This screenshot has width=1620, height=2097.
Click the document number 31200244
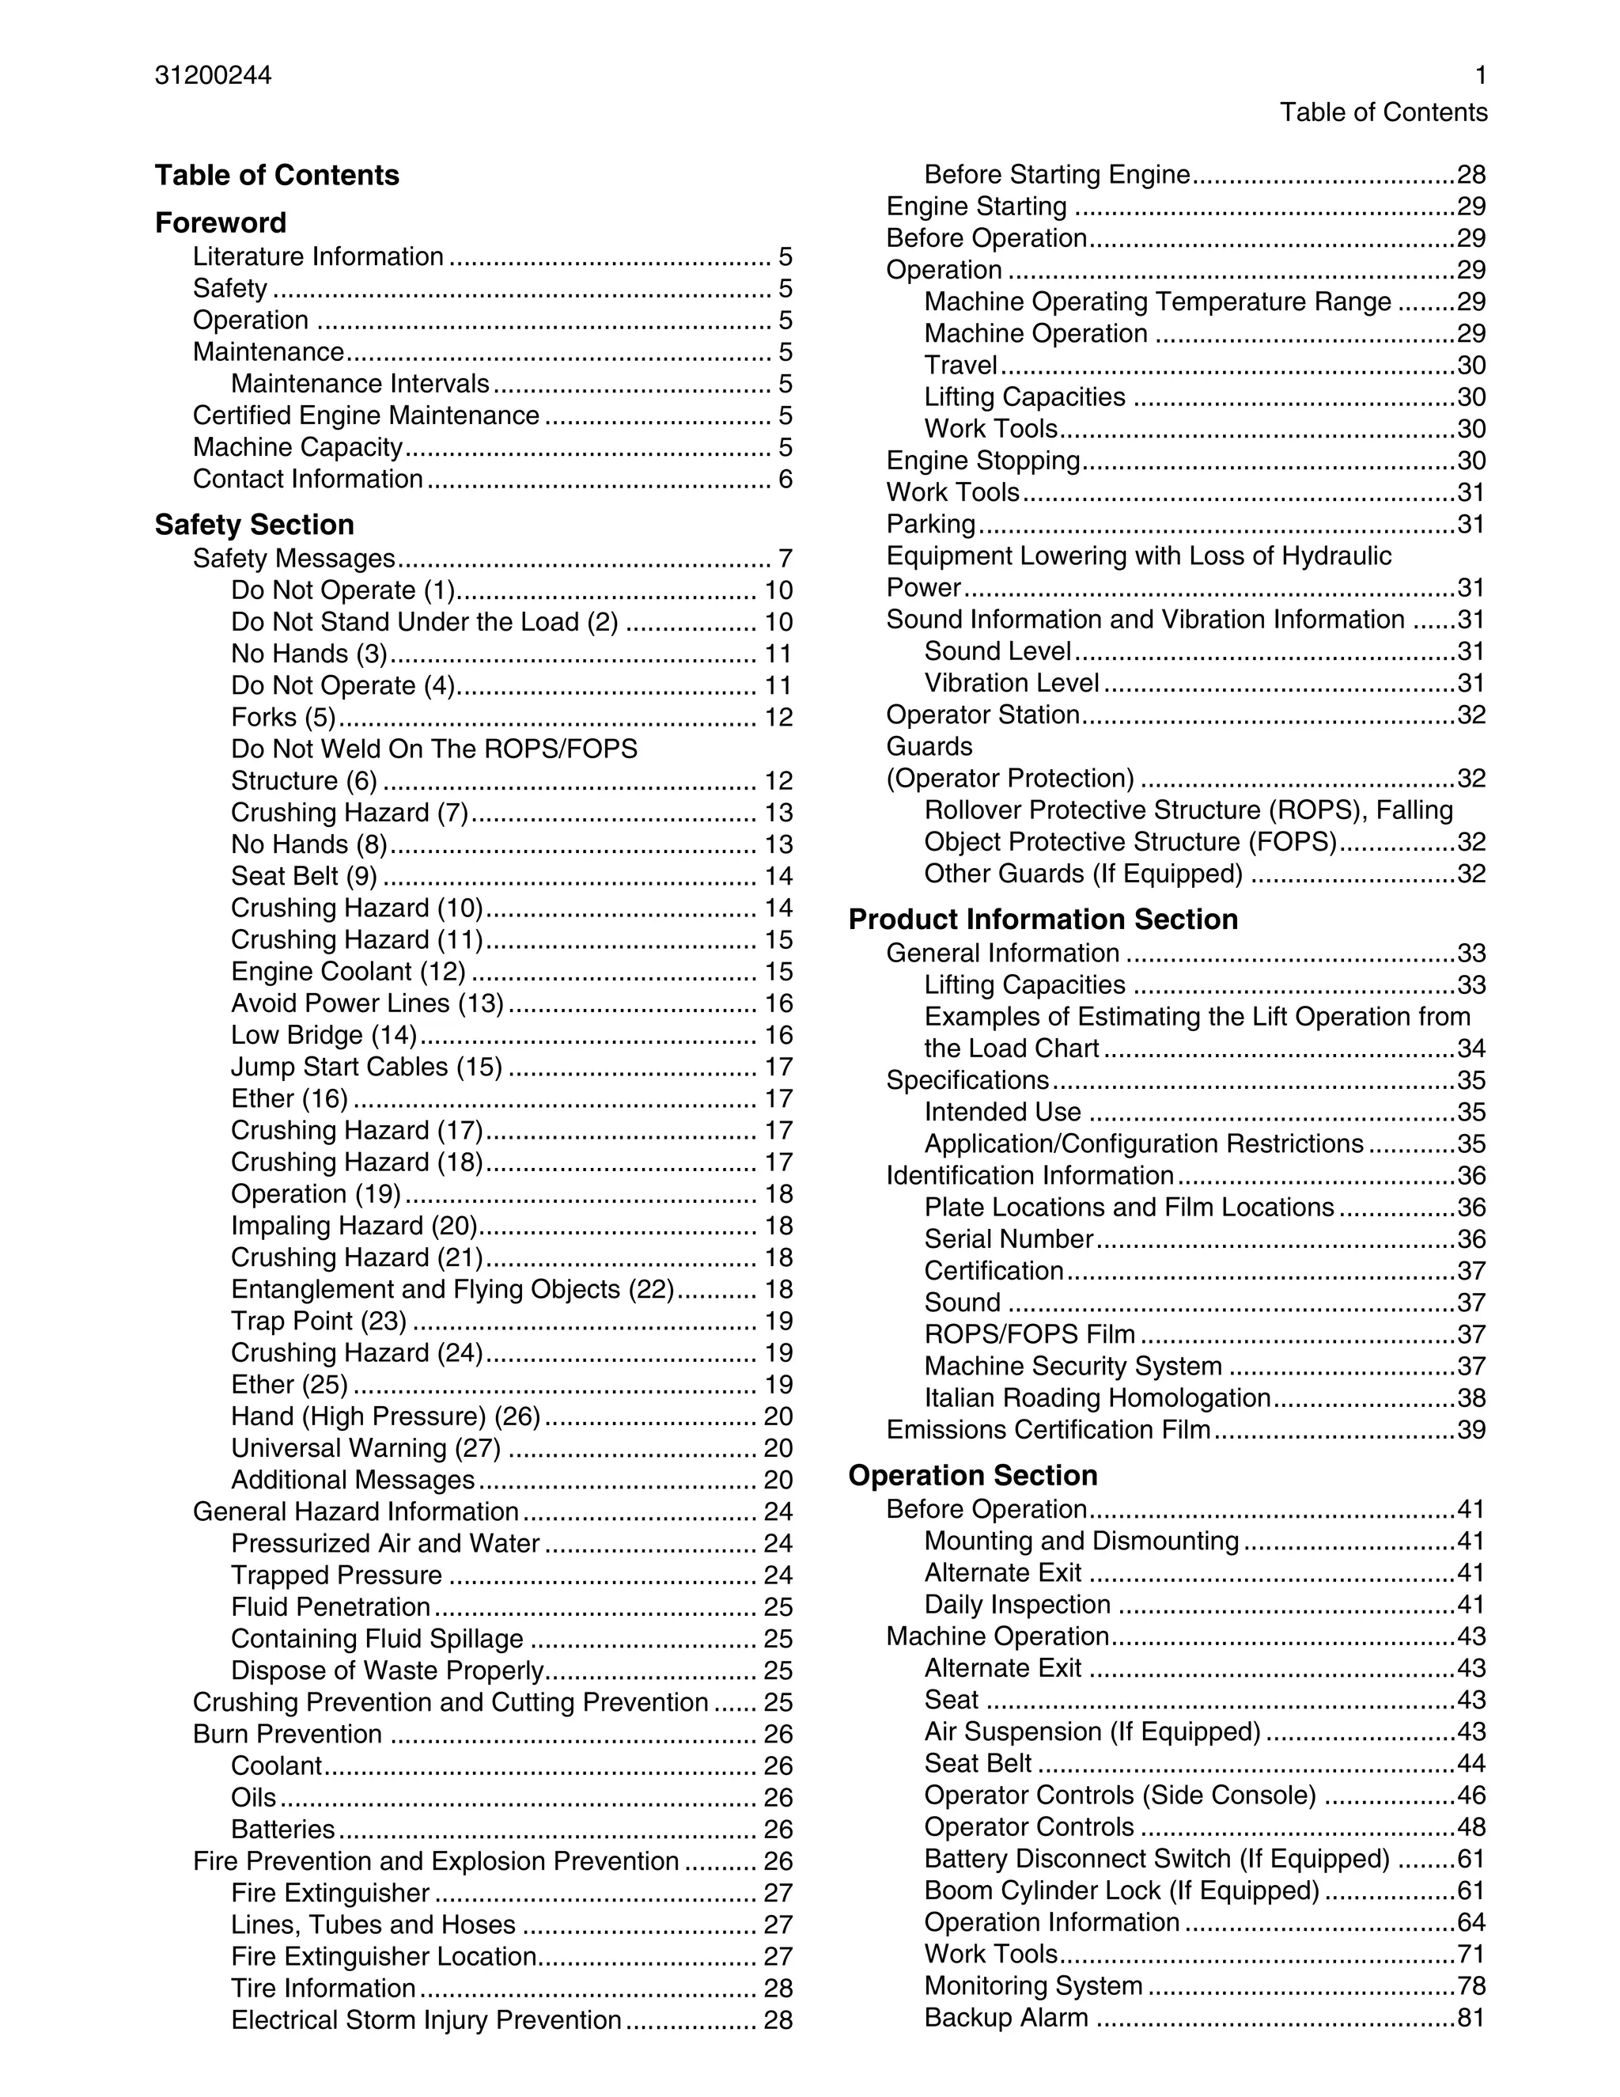(x=213, y=76)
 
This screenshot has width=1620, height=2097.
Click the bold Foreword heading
(x=221, y=223)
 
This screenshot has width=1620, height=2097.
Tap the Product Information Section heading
(x=1043, y=920)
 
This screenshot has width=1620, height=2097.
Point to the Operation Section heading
(x=972, y=1476)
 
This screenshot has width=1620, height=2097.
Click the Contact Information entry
(x=308, y=479)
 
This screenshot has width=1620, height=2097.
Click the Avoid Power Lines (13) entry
(x=366, y=1003)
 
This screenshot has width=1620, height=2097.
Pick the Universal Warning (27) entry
(x=365, y=1448)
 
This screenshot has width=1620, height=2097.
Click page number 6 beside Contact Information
(x=785, y=479)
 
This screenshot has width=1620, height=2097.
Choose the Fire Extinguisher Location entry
(x=384, y=1957)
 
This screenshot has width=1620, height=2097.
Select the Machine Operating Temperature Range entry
(x=1157, y=302)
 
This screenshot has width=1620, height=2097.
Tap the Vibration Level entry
(x=1012, y=684)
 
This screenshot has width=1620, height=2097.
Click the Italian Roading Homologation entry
(x=1097, y=1398)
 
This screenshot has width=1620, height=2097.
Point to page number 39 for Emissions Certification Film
(x=1471, y=1430)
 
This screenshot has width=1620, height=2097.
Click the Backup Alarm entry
(x=1006, y=2017)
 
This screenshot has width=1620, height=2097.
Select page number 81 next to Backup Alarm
(x=1471, y=2017)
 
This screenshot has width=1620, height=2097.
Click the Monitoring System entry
(x=1032, y=1985)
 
